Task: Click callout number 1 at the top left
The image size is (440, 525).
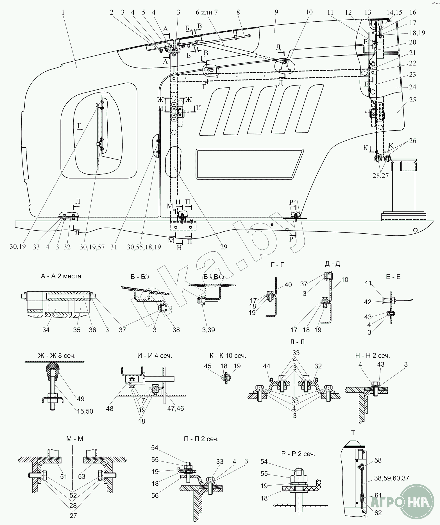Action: [63, 13]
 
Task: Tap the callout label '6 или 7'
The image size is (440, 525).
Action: [207, 12]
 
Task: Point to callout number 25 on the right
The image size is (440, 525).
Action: [412, 100]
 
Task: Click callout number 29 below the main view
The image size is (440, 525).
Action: [224, 247]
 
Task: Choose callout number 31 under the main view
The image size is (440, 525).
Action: [114, 247]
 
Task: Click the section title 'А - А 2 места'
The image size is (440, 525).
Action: [61, 276]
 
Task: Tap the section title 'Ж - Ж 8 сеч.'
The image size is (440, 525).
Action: [57, 355]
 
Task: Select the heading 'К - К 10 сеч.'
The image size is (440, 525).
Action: [228, 355]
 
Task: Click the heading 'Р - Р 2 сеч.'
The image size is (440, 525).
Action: [298, 446]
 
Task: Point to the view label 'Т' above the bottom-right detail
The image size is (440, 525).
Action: [353, 433]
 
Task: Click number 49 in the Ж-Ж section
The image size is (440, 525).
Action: [81, 398]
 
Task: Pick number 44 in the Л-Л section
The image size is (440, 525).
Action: [267, 366]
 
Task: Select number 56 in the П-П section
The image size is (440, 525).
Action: [155, 495]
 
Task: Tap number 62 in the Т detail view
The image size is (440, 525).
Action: [378, 513]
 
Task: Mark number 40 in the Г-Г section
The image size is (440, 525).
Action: [288, 285]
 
